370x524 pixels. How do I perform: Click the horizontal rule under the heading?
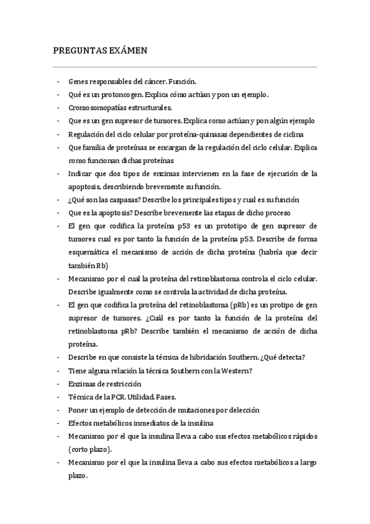click(x=185, y=67)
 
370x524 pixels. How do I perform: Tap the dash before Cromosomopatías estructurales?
click(x=57, y=108)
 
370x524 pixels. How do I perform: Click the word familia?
click(x=96, y=147)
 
